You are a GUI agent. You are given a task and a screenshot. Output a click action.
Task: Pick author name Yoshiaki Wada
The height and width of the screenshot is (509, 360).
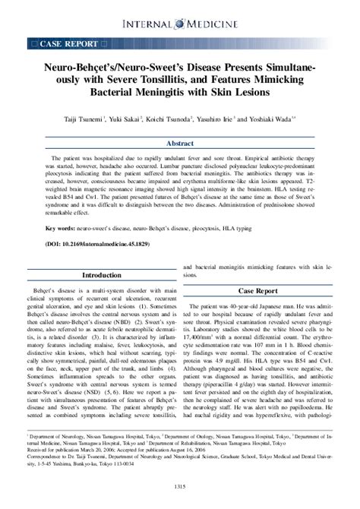267,119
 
